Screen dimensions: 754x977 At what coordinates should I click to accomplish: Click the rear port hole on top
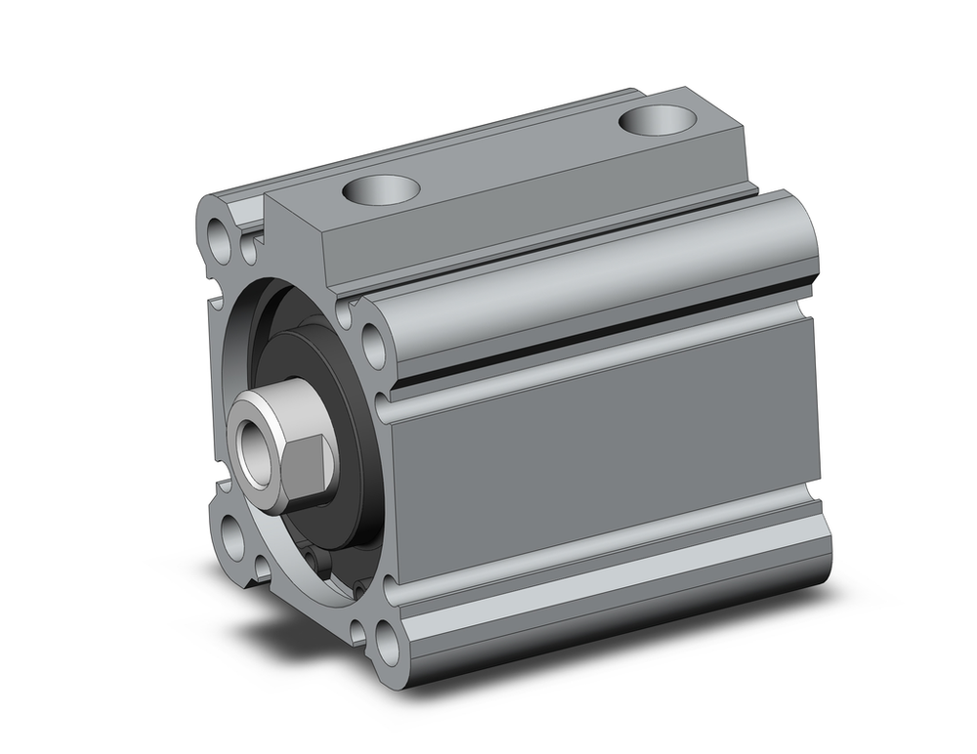tap(658, 119)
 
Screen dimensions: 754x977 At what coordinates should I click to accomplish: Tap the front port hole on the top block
tap(380, 188)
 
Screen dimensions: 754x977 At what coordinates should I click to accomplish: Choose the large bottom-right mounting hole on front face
tap(388, 645)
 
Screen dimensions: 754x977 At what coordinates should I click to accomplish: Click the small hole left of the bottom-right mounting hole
tap(358, 631)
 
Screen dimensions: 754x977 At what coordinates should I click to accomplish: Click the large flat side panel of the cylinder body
tap(606, 449)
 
